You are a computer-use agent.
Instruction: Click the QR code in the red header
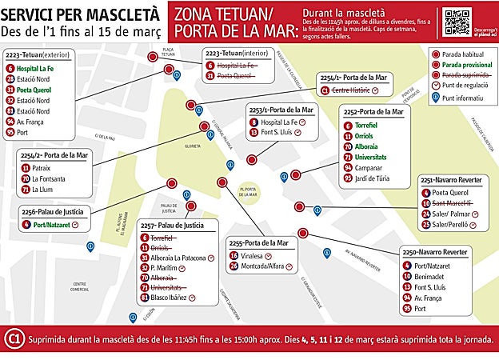[x=456, y=19]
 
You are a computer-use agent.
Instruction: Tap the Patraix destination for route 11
[x=42, y=168]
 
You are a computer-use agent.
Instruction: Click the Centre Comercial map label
[x=79, y=286]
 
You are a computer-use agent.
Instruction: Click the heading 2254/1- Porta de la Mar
[x=353, y=77]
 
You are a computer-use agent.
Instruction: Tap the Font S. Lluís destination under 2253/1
[x=275, y=132]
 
